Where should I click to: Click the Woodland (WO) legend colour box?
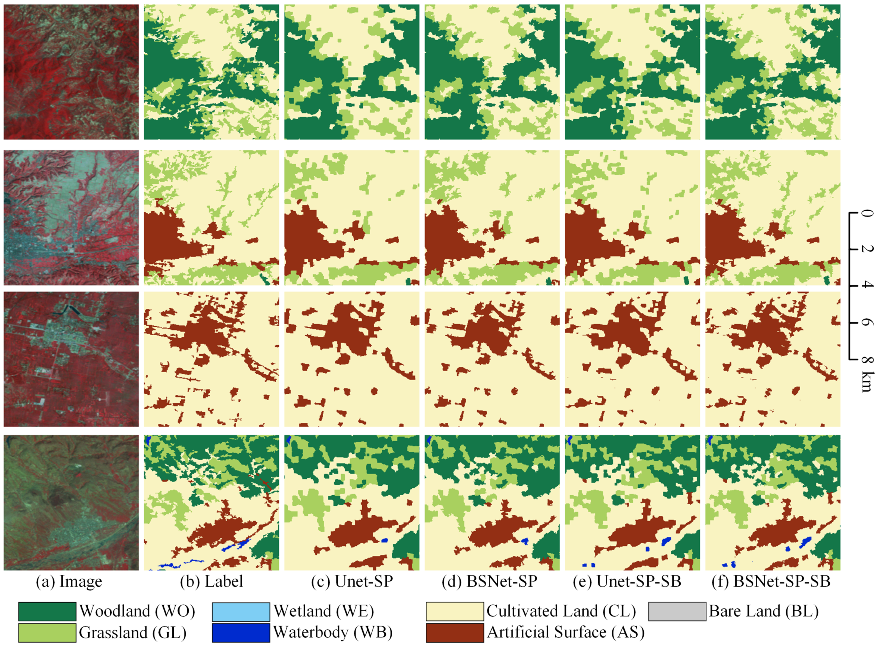[47, 611]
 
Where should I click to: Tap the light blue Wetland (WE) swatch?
[241, 611]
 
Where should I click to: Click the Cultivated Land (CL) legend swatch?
[455, 611]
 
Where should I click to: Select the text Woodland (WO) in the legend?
[137, 611]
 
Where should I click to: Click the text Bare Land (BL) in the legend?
[764, 611]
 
